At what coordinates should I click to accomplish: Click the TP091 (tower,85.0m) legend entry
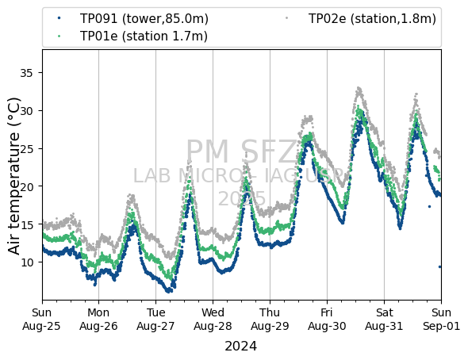(x=132, y=19)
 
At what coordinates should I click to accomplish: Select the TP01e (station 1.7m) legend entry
(x=132, y=36)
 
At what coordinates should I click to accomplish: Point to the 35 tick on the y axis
(x=26, y=73)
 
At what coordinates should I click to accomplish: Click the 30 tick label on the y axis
(x=26, y=111)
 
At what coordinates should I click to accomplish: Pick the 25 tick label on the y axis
(x=26, y=148)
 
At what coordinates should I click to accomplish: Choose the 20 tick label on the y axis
(x=26, y=186)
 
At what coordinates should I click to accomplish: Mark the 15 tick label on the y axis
(x=26, y=224)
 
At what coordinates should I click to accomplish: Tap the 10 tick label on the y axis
(x=26, y=262)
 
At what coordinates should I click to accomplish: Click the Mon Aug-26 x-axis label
(x=98, y=319)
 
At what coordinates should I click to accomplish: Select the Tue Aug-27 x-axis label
(x=155, y=319)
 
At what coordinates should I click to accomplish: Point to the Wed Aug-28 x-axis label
(x=213, y=319)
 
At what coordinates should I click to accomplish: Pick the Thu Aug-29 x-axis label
(x=270, y=319)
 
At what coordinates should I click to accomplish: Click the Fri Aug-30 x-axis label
(x=327, y=319)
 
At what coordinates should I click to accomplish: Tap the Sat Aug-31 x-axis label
(x=384, y=319)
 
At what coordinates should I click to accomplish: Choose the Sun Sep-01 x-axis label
(x=442, y=319)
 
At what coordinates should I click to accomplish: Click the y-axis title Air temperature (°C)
(x=13, y=176)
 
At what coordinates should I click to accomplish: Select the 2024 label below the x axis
(x=240, y=347)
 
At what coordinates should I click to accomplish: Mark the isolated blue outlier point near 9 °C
(x=439, y=267)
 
